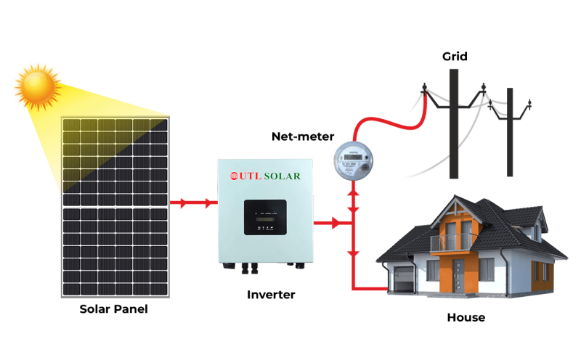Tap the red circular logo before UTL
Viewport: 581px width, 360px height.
click(x=235, y=176)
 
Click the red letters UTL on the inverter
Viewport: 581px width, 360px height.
click(x=251, y=176)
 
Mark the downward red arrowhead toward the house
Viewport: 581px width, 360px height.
click(x=354, y=253)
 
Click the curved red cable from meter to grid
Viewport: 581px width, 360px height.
click(x=385, y=123)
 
